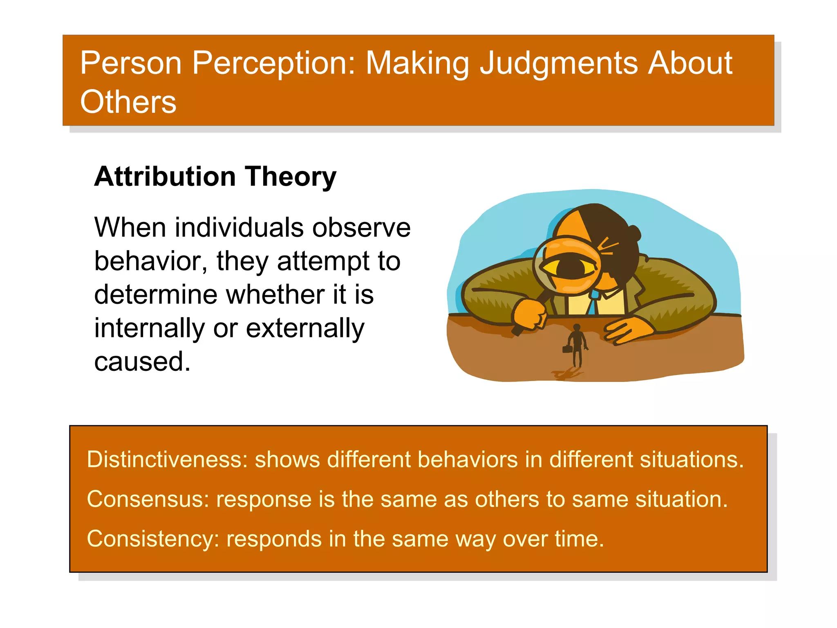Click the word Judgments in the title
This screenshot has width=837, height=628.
tap(558, 63)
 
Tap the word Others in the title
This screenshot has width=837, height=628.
tap(128, 102)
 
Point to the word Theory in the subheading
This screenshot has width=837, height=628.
tap(291, 177)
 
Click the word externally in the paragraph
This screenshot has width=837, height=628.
tap(305, 328)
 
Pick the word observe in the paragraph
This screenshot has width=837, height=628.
tap(361, 227)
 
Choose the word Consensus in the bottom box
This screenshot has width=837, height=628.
tap(148, 499)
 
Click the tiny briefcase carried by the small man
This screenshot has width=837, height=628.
tap(566, 349)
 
